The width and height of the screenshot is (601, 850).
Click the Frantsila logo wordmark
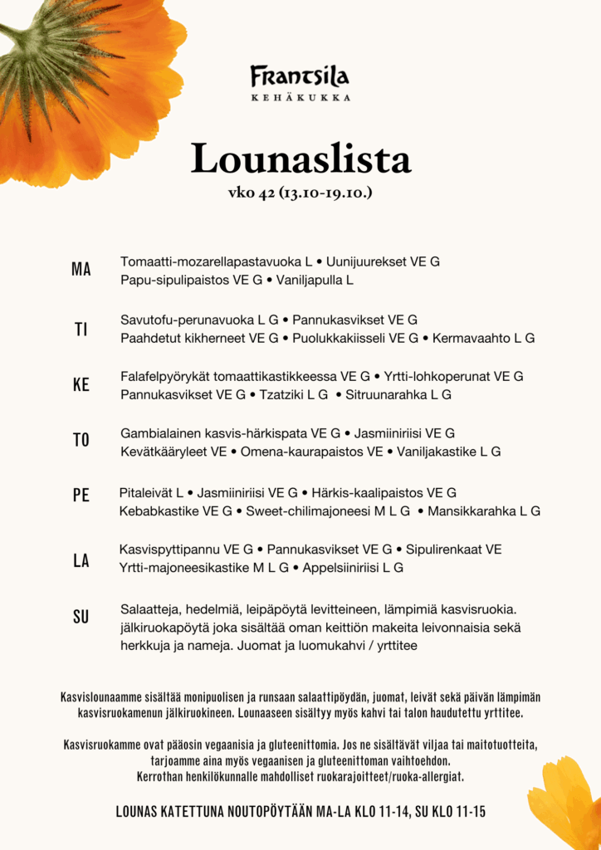click(300, 77)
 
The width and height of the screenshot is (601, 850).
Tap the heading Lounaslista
click(300, 159)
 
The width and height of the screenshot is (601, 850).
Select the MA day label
click(81, 270)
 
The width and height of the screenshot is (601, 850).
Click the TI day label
click(81, 330)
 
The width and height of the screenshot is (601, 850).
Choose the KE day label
click(81, 385)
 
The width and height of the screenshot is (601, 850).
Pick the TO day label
click(81, 440)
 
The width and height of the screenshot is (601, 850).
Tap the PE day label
click(81, 496)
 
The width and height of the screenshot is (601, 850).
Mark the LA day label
click(81, 560)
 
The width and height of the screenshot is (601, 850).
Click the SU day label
click(81, 617)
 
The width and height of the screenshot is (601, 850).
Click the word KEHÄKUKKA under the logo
click(300, 98)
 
